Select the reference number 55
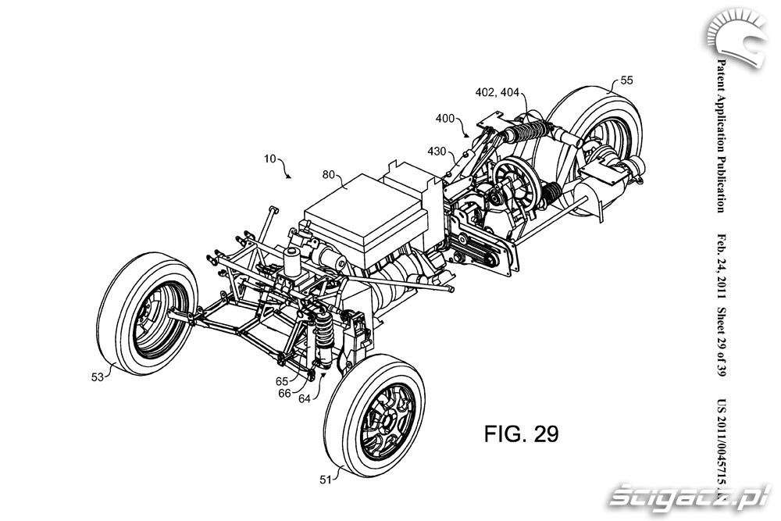click(x=627, y=80)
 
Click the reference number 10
click(x=270, y=159)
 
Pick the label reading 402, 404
click(x=497, y=91)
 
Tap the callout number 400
click(x=446, y=119)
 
